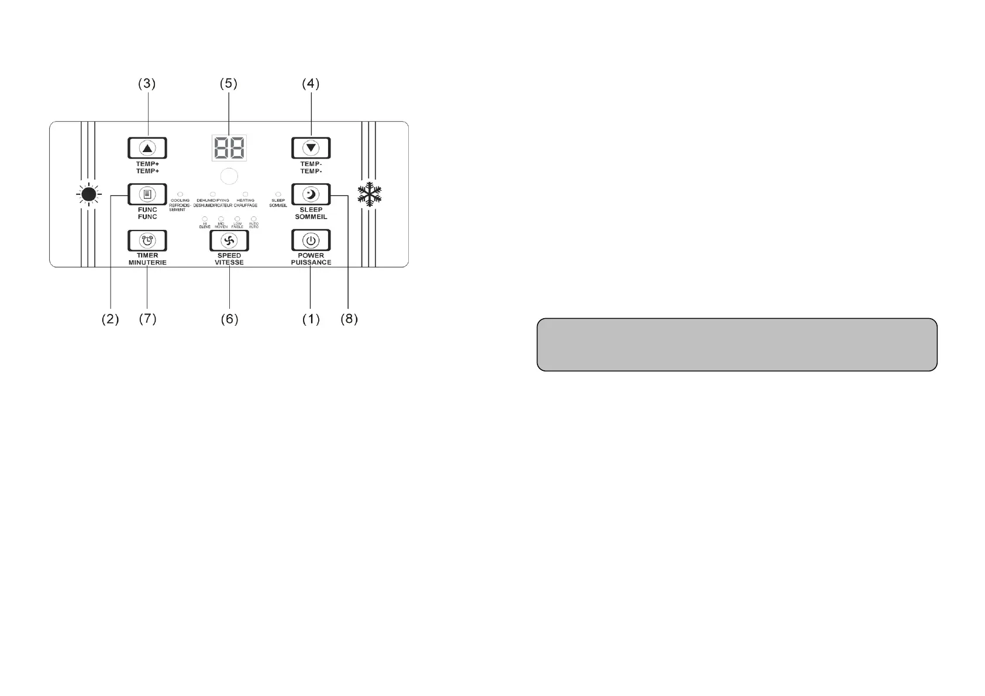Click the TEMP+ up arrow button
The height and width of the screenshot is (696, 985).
pyautogui.click(x=147, y=148)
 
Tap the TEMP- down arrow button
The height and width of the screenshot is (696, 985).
pyautogui.click(x=311, y=148)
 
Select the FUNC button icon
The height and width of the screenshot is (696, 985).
pyautogui.click(x=147, y=194)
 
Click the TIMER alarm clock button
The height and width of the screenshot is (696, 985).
pyautogui.click(x=147, y=240)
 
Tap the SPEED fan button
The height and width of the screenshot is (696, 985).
pyautogui.click(x=229, y=240)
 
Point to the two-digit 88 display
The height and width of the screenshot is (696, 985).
pyautogui.click(x=229, y=147)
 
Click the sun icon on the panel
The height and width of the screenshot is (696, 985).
pyautogui.click(x=89, y=194)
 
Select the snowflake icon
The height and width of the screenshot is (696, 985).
pyautogui.click(x=370, y=194)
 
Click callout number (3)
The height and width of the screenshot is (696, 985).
pyautogui.click(x=147, y=84)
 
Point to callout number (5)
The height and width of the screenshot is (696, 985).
pyautogui.click(x=229, y=84)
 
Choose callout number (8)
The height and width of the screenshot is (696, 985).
pyautogui.click(x=349, y=319)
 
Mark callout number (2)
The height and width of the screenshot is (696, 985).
pyautogui.click(x=110, y=319)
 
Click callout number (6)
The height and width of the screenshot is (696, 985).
pyautogui.click(x=229, y=319)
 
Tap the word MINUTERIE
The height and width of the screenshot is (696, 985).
pyautogui.click(x=147, y=263)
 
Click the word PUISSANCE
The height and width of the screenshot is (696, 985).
pyautogui.click(x=311, y=263)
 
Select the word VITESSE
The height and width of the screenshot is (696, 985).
pyautogui.click(x=229, y=263)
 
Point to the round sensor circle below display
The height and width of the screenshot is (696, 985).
pyautogui.click(x=229, y=177)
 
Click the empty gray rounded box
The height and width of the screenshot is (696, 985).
pyautogui.click(x=737, y=344)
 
